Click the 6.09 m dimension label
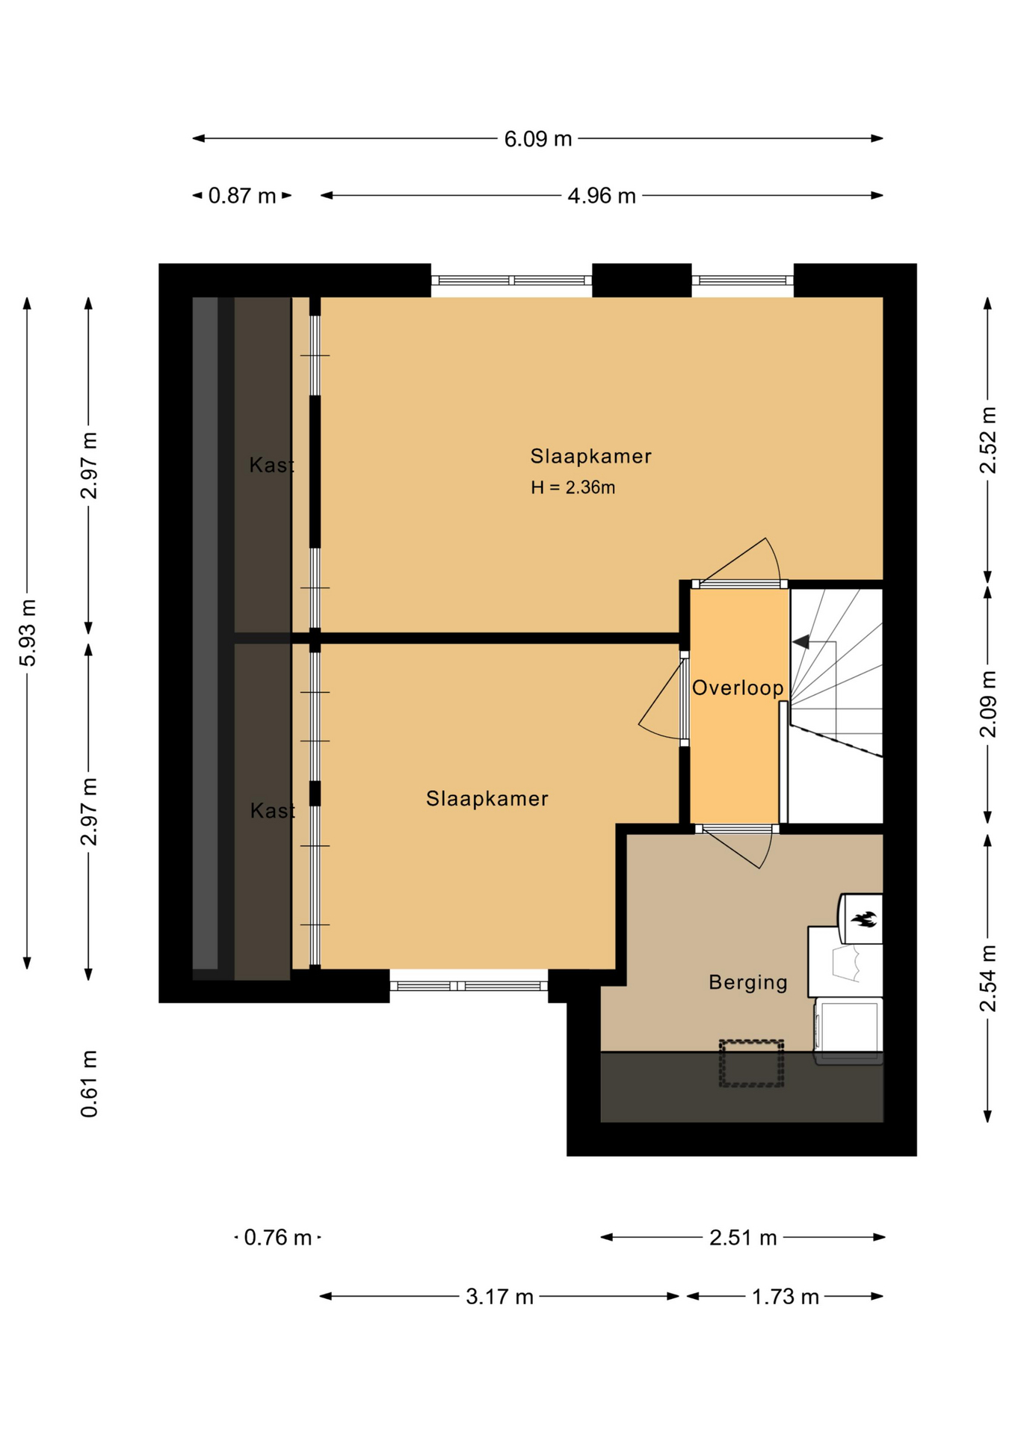(x=537, y=139)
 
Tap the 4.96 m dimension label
(x=601, y=196)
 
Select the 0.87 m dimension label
(x=242, y=196)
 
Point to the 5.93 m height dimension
(x=28, y=632)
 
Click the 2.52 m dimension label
(x=988, y=439)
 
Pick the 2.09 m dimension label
(x=988, y=704)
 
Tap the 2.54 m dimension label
(x=988, y=978)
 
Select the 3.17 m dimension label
(x=499, y=1297)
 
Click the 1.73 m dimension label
(x=785, y=1297)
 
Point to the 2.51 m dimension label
(x=743, y=1238)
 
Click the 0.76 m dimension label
(x=277, y=1238)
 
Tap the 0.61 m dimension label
(x=89, y=1084)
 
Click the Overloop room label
(x=738, y=688)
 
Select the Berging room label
(x=748, y=982)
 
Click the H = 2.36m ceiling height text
(x=573, y=487)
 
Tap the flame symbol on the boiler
(x=864, y=919)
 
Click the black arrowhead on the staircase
(x=800, y=642)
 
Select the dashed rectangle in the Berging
(x=751, y=1063)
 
